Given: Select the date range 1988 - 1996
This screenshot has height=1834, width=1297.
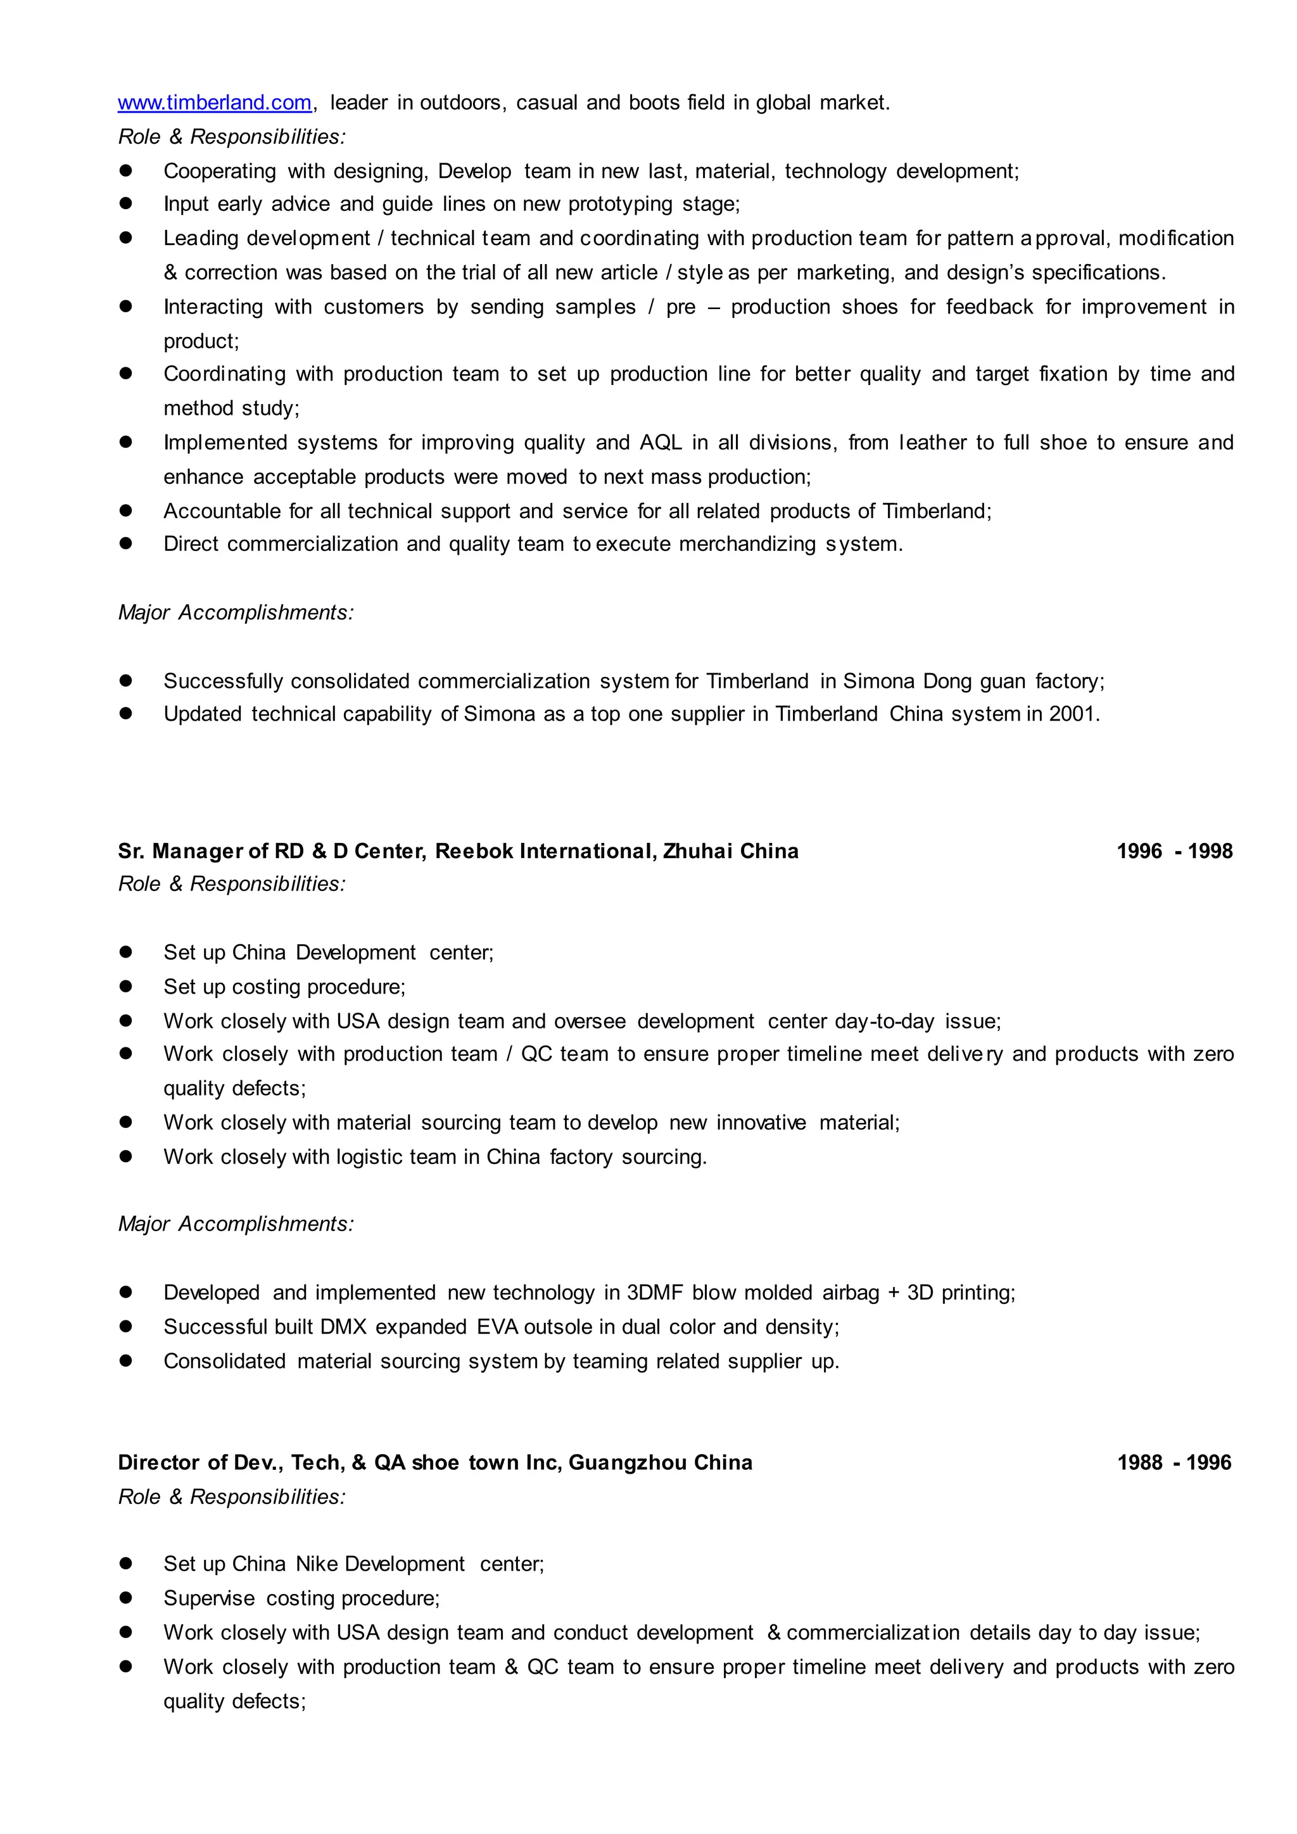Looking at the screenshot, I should pyautogui.click(x=1174, y=1462).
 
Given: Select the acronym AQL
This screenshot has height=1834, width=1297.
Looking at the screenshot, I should pyautogui.click(x=661, y=443).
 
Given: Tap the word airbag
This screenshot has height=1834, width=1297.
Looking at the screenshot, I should pyautogui.click(x=851, y=1293).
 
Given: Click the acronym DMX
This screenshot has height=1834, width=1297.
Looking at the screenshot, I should pyautogui.click(x=343, y=1327).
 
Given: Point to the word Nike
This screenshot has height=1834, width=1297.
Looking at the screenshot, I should pyautogui.click(x=316, y=1564).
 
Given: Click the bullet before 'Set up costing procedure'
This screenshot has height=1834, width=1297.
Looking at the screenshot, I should pyautogui.click(x=125, y=987).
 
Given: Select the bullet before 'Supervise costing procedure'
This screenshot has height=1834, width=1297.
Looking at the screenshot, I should pyautogui.click(x=125, y=1598).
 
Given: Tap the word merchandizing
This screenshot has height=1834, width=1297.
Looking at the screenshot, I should pyautogui.click(x=747, y=544).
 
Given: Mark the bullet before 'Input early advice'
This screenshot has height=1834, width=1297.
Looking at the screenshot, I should pyautogui.click(x=125, y=204).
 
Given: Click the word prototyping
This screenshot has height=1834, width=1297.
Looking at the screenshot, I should pyautogui.click(x=621, y=205).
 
